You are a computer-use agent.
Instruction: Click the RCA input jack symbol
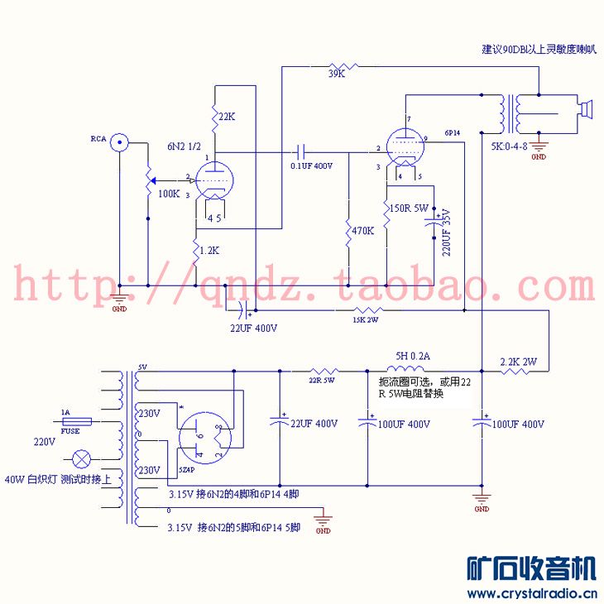click(121, 142)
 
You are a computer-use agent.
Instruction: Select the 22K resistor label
click(226, 118)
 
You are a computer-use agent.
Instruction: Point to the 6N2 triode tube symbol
click(214, 180)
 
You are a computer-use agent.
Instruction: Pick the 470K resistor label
click(363, 232)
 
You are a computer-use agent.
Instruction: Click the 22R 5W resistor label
click(322, 381)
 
